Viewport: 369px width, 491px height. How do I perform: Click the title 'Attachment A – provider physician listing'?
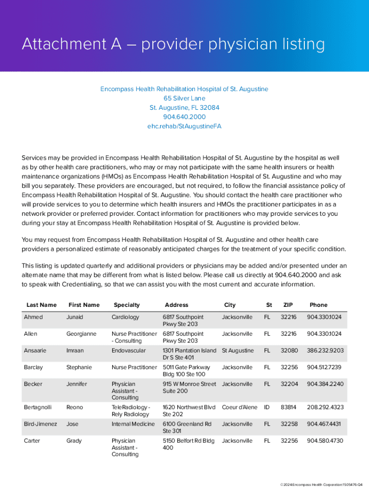(173, 45)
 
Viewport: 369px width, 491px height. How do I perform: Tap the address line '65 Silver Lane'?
(184, 98)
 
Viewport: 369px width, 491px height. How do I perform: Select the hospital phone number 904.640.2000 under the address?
(184, 117)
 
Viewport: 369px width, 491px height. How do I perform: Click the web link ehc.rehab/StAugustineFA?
(184, 127)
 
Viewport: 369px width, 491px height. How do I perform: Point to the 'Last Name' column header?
(42, 305)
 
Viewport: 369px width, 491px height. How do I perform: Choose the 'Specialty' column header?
(127, 305)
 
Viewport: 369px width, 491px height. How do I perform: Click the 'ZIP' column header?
(288, 305)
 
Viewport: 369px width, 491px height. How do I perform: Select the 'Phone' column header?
(319, 305)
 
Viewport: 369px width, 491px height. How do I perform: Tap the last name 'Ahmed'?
(33, 317)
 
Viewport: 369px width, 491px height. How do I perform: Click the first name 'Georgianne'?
(81, 334)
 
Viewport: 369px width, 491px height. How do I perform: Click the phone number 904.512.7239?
(325, 367)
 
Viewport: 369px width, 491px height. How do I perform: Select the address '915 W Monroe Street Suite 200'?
(189, 387)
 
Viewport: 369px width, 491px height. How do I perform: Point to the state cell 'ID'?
(267, 407)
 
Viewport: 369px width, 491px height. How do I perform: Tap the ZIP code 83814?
(288, 407)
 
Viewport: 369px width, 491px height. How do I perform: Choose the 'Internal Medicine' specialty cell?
(133, 424)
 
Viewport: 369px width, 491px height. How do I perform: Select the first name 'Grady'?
(74, 441)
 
